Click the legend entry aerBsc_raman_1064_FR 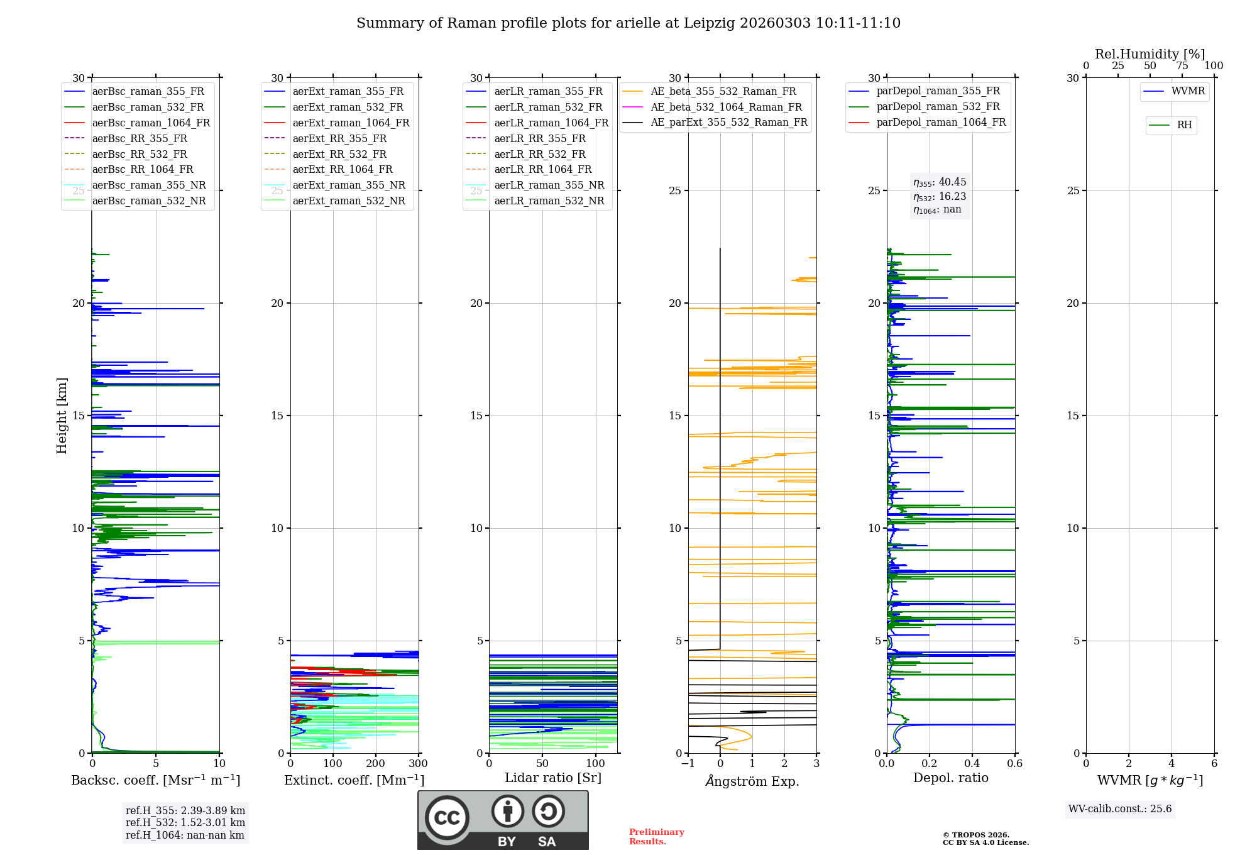click(151, 123)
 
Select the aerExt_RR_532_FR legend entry click(339, 154)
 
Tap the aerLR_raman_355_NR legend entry click(549, 185)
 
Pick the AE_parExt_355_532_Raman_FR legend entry click(728, 122)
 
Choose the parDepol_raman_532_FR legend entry click(938, 107)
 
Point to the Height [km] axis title click(62, 416)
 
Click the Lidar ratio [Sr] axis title click(553, 778)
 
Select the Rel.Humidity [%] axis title click(1150, 54)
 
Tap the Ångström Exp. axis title click(752, 781)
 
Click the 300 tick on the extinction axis click(418, 764)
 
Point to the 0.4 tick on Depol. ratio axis click(972, 764)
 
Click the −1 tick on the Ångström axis click(688, 764)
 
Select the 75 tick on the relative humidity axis click(1182, 66)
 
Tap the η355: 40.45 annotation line click(940, 182)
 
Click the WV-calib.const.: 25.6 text click(1120, 809)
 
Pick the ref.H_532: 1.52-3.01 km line click(185, 822)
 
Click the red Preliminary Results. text click(656, 837)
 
